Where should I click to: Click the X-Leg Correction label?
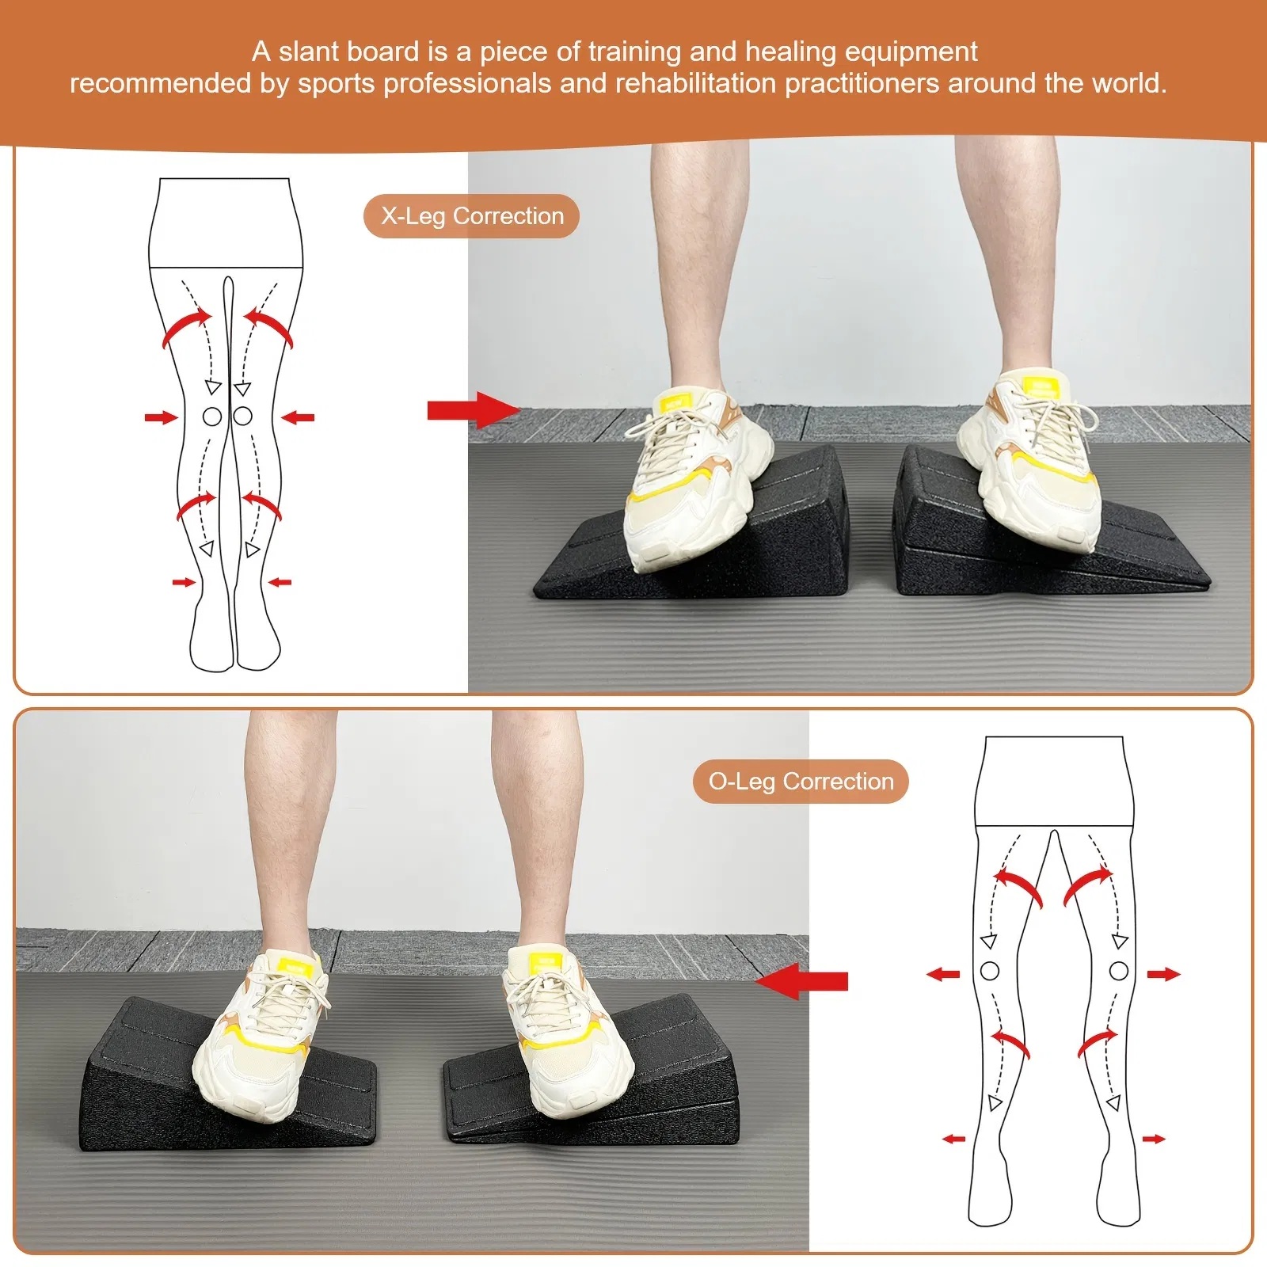pos(472,216)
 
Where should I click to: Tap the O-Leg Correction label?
pos(801,782)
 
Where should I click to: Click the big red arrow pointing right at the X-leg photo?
pos(474,410)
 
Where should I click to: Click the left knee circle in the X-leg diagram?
pos(211,416)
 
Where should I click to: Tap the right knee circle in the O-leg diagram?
pos(1118,970)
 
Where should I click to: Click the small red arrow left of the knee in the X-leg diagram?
pos(162,417)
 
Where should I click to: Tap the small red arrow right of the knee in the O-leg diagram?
pos(1164,974)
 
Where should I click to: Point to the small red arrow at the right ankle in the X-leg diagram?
pos(280,582)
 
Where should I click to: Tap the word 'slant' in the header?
pos(309,52)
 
